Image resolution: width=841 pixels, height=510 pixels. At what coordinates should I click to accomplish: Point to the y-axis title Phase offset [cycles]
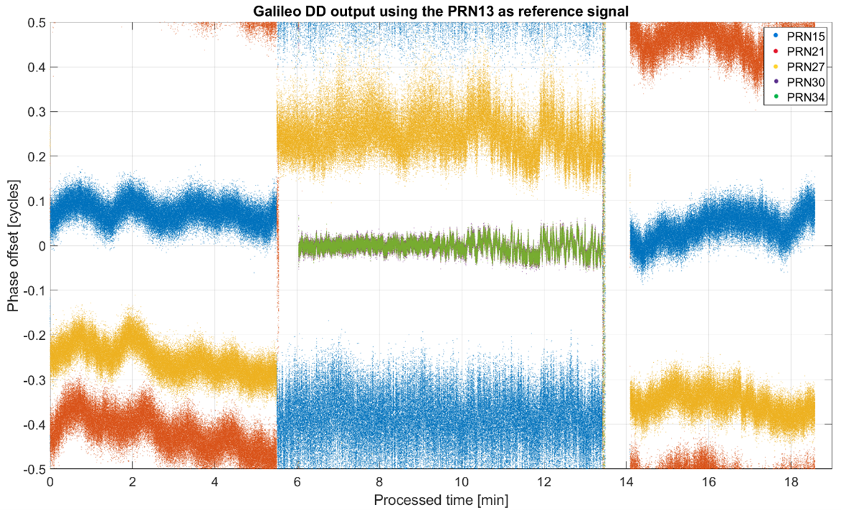click(x=12, y=246)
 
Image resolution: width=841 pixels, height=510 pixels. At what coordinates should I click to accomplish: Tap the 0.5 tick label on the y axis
click(x=35, y=22)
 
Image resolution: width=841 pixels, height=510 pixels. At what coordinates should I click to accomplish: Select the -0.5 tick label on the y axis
click(x=33, y=470)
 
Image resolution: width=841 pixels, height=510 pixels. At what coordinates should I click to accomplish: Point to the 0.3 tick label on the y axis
click(x=35, y=112)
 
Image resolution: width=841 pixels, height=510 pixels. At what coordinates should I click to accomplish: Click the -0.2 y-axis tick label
click(x=33, y=336)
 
